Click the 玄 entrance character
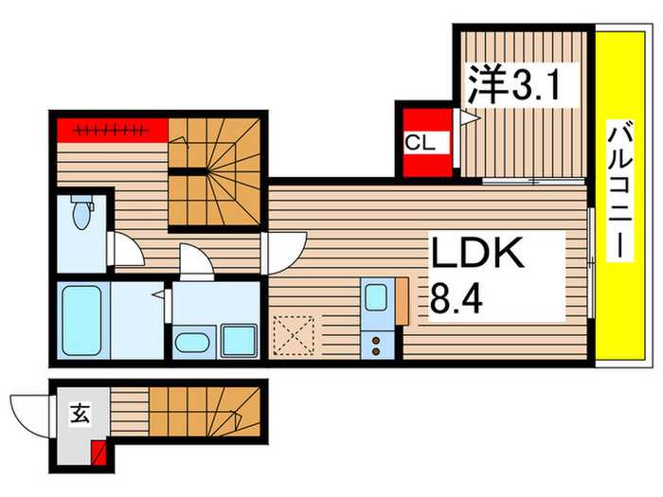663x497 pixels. coord(81,413)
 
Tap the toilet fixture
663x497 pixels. coord(81,212)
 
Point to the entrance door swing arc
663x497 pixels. coord(25,414)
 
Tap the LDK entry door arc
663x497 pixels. coord(285,252)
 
